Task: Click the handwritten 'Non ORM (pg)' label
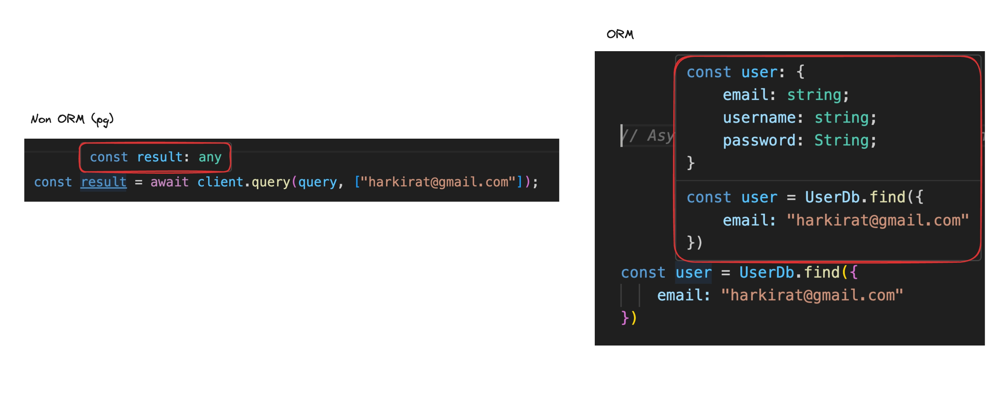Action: click(72, 119)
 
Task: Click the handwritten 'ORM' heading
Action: click(620, 34)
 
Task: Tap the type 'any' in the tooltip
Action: click(210, 157)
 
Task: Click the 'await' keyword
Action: click(169, 182)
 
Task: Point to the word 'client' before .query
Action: click(220, 182)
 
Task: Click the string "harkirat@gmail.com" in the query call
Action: click(439, 182)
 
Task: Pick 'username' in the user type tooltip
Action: click(759, 117)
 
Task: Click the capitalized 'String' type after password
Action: click(842, 140)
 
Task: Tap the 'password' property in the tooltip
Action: click(759, 140)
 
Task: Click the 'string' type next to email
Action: click(814, 95)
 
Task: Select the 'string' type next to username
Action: click(842, 117)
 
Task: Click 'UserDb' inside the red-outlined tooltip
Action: click(832, 197)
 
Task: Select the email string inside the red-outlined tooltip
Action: click(878, 220)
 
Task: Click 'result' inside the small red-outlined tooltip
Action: click(160, 157)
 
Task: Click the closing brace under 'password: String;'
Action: click(691, 163)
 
